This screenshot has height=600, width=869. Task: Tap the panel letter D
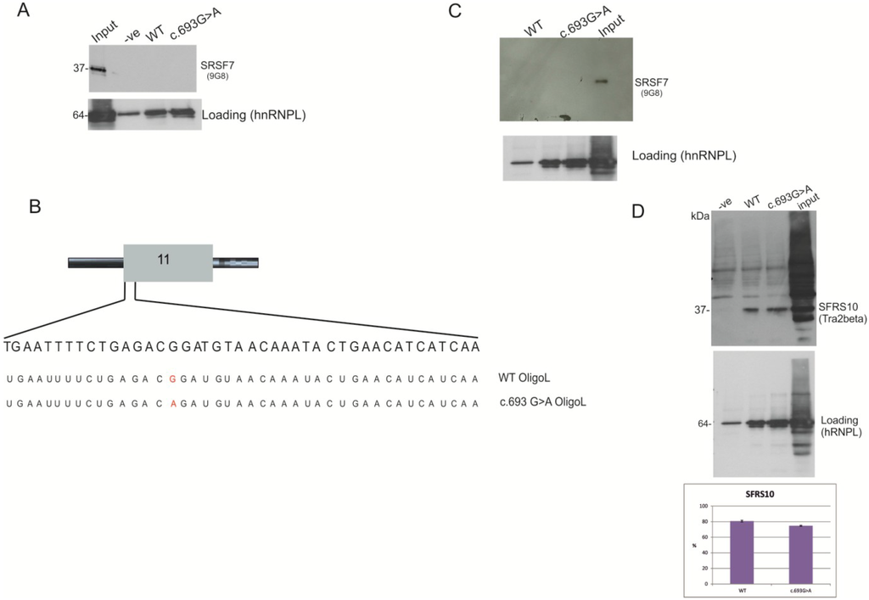click(x=642, y=209)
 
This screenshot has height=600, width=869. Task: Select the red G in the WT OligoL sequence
click(x=172, y=379)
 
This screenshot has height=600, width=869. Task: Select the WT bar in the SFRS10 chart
click(x=743, y=552)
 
